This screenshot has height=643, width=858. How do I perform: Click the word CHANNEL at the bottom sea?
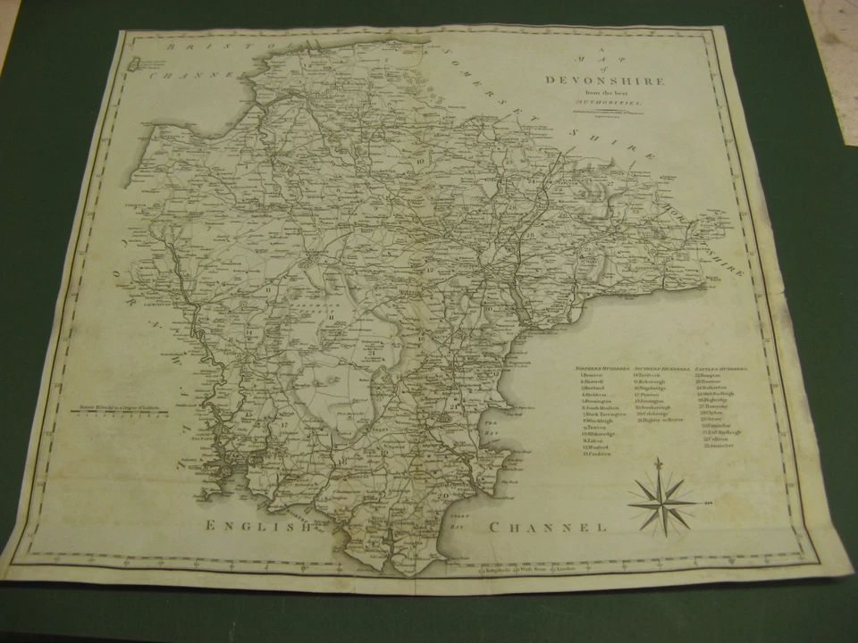click(x=548, y=528)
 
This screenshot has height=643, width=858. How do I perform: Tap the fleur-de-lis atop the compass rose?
click(x=660, y=467)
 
